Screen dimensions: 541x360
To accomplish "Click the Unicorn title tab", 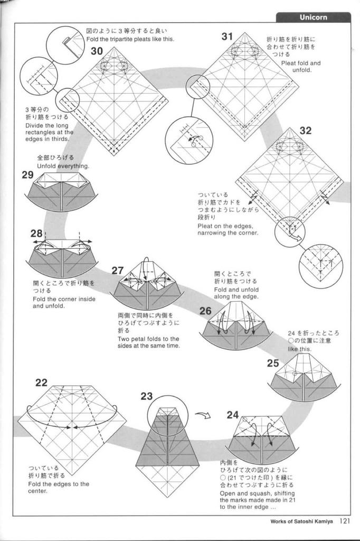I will click(x=313, y=17).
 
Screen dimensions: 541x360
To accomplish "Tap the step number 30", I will click(x=97, y=51).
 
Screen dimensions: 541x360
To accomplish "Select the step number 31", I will click(x=227, y=36).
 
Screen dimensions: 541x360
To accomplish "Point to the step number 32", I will click(x=305, y=130).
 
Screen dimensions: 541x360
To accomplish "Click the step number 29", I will click(x=28, y=175).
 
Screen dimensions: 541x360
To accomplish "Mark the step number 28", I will click(x=36, y=233).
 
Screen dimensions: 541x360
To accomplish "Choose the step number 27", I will click(x=118, y=270).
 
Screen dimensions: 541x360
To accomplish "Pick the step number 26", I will click(x=205, y=311).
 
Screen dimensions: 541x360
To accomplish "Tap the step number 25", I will click(x=273, y=363).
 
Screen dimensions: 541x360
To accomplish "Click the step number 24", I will click(x=233, y=415).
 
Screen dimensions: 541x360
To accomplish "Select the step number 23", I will click(x=146, y=396).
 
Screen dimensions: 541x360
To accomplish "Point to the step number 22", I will click(x=41, y=383).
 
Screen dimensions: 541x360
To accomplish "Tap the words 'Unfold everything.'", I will click(x=63, y=166).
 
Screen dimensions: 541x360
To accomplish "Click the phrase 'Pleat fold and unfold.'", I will click(x=300, y=67).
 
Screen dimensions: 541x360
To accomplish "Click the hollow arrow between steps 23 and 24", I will click(x=203, y=415).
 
